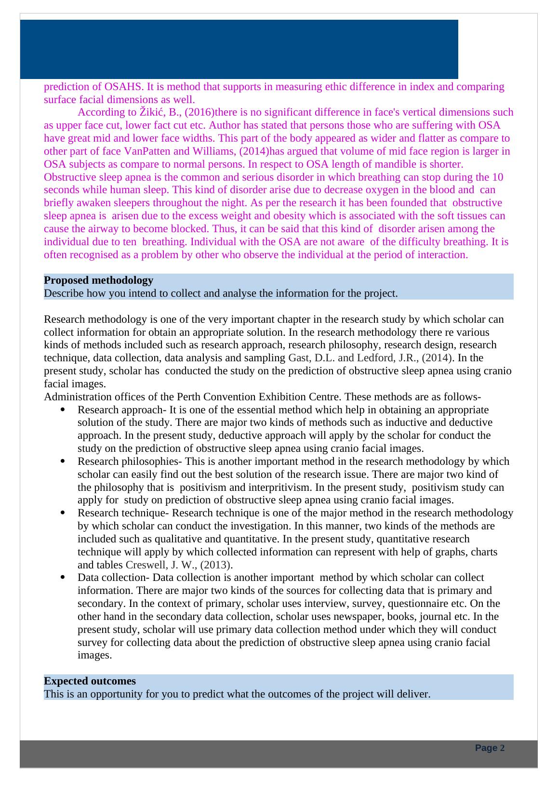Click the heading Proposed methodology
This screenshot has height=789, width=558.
point(98,280)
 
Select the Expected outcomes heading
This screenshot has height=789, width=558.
point(90,681)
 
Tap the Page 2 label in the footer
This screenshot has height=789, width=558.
point(490,748)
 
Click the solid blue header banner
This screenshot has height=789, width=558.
point(239,49)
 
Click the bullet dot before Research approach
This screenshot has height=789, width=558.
point(63,410)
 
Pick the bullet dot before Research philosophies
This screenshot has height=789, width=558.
point(63,461)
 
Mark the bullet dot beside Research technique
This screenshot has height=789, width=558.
point(63,513)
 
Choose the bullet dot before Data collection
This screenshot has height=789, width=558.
point(63,578)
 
